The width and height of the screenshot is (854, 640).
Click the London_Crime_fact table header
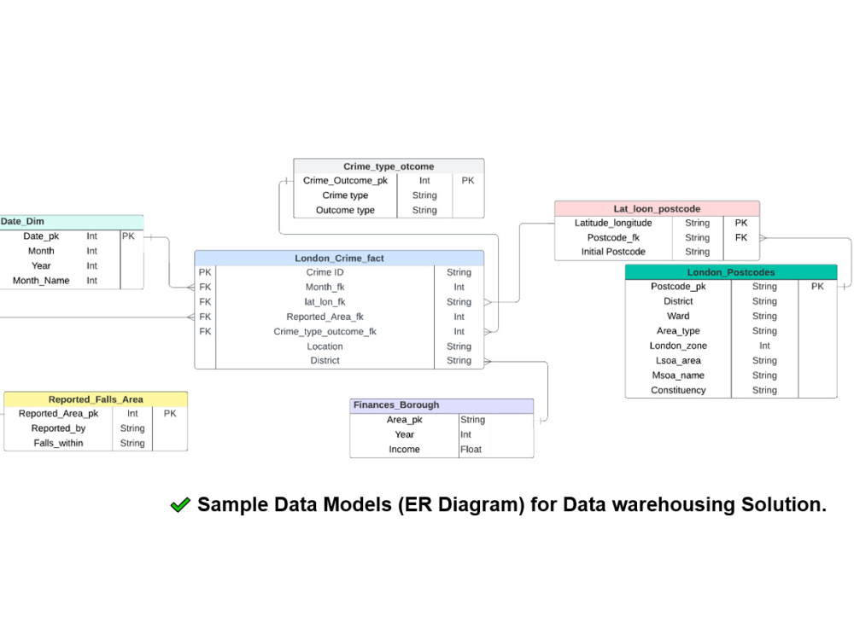tap(339, 258)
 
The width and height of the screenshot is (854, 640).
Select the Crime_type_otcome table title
tap(389, 166)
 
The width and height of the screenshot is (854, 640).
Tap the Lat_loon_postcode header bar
tap(657, 208)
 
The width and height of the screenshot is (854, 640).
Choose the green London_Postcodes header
tap(731, 272)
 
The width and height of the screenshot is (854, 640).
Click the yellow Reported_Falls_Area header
tap(96, 399)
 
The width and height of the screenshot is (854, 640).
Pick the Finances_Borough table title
tap(396, 404)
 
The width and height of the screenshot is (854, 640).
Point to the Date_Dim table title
tap(22, 222)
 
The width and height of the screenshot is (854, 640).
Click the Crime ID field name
tap(325, 272)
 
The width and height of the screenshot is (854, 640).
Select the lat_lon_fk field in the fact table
tap(325, 302)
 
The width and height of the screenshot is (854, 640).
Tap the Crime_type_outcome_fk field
tap(325, 331)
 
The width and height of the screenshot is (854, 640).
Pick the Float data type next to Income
tap(471, 450)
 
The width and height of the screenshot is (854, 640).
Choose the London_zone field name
tap(678, 346)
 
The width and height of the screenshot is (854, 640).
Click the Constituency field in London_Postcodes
tap(678, 390)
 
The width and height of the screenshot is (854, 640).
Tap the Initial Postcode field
tap(613, 252)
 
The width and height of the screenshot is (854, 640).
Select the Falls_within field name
tap(58, 443)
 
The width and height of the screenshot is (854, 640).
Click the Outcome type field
tap(345, 210)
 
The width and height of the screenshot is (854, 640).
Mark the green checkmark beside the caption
tap(180, 505)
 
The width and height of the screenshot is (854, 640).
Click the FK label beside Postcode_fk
tap(741, 237)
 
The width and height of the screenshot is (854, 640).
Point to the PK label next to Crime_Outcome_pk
tap(468, 180)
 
